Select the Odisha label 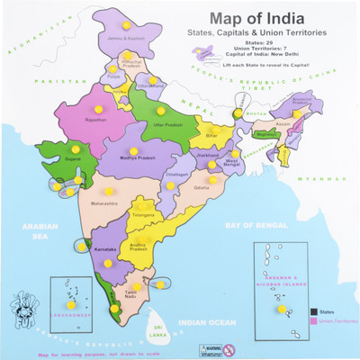[x=201, y=187]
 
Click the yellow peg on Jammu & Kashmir [x=126, y=25]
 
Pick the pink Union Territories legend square [x=314, y=321]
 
